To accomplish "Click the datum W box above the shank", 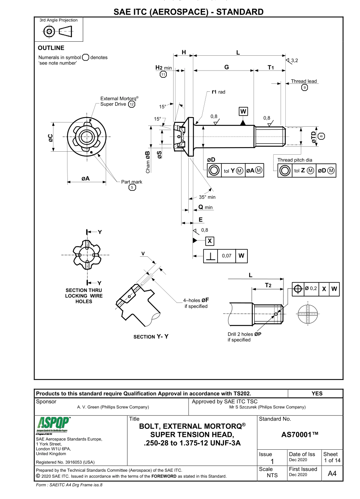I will click(x=243, y=111).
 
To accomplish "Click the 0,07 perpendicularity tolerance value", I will click(x=227, y=256).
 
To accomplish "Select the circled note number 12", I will click(x=131, y=104).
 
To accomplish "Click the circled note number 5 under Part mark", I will click(x=132, y=187).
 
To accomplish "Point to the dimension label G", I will click(x=227, y=67).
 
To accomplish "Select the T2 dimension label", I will click(x=268, y=285).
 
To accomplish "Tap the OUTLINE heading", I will click(x=51, y=48).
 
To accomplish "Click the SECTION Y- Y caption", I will click(x=151, y=336).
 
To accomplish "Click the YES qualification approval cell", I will click(x=317, y=394).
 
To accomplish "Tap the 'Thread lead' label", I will click(x=304, y=81).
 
